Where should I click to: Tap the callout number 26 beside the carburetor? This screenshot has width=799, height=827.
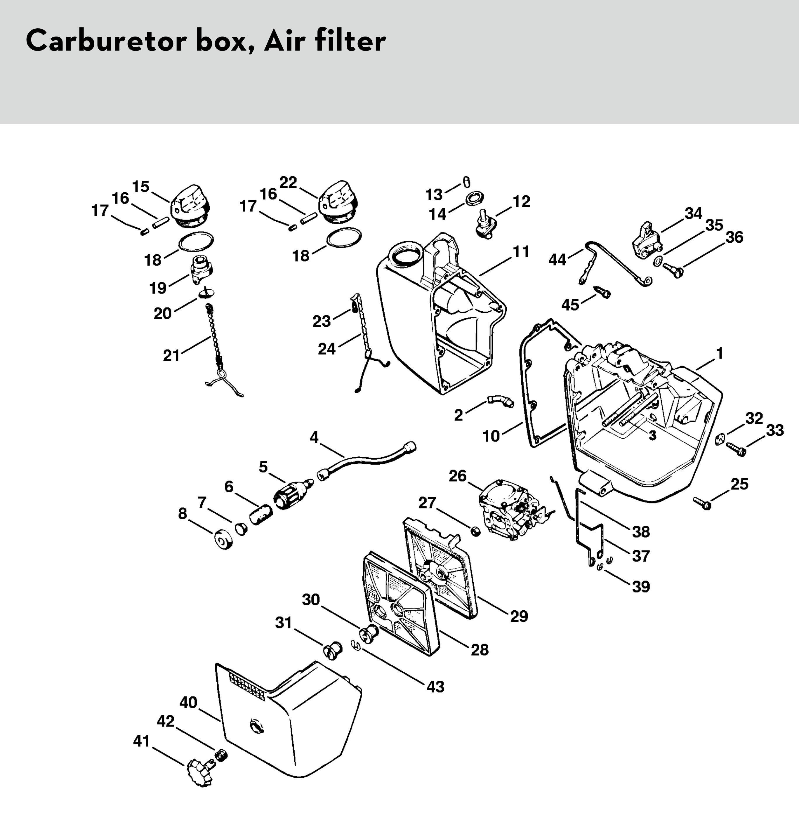pyautogui.click(x=458, y=476)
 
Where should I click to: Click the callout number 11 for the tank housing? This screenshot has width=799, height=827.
pyautogui.click(x=521, y=252)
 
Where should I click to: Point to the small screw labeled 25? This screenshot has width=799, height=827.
pyautogui.click(x=702, y=503)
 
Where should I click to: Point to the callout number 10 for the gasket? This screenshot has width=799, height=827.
pyautogui.click(x=491, y=436)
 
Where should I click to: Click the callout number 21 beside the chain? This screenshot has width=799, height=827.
pyautogui.click(x=171, y=356)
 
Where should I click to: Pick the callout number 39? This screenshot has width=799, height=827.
pyautogui.click(x=641, y=586)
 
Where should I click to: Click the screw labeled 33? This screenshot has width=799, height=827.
pyautogui.click(x=736, y=449)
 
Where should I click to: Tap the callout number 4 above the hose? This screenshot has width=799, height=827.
pyautogui.click(x=314, y=437)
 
